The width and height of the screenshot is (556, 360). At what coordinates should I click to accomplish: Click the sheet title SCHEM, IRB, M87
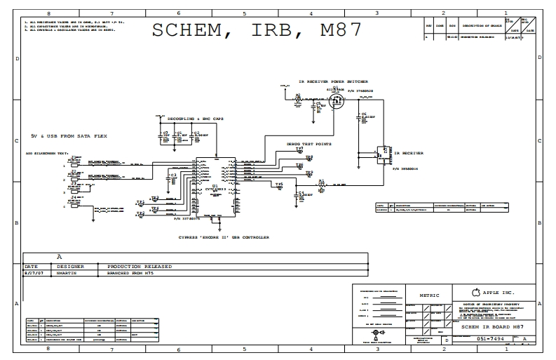click(x=257, y=30)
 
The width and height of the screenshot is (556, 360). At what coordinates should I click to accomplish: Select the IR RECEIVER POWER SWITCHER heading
click(x=333, y=81)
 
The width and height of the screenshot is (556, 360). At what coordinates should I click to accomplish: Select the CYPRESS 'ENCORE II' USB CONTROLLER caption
click(x=214, y=237)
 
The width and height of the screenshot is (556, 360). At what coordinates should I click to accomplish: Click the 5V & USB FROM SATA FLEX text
click(x=62, y=135)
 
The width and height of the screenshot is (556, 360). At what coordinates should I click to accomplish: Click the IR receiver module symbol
click(x=383, y=151)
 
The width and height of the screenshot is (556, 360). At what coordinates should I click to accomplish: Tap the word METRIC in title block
click(x=429, y=295)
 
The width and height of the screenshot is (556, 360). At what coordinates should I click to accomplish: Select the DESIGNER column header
click(x=72, y=267)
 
